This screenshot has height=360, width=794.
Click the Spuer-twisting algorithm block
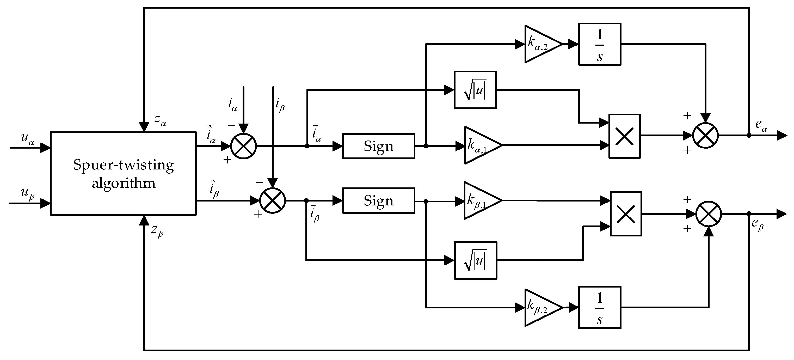(x=123, y=174)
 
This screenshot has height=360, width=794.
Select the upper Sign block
(x=379, y=146)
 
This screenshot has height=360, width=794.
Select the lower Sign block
(x=379, y=201)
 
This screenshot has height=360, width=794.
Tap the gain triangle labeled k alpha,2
(x=541, y=44)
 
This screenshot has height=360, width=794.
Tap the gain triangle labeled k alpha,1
(x=481, y=145)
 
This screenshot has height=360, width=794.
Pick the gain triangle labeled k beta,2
(x=541, y=307)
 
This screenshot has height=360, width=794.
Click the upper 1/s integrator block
(x=600, y=44)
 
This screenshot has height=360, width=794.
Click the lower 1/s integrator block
(x=600, y=307)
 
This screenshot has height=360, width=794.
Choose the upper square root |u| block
(x=475, y=90)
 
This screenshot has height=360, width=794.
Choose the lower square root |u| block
(x=476, y=261)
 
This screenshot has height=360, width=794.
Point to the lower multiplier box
(x=626, y=214)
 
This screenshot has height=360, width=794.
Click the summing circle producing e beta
(x=709, y=213)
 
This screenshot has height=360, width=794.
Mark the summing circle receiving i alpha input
(x=243, y=146)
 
